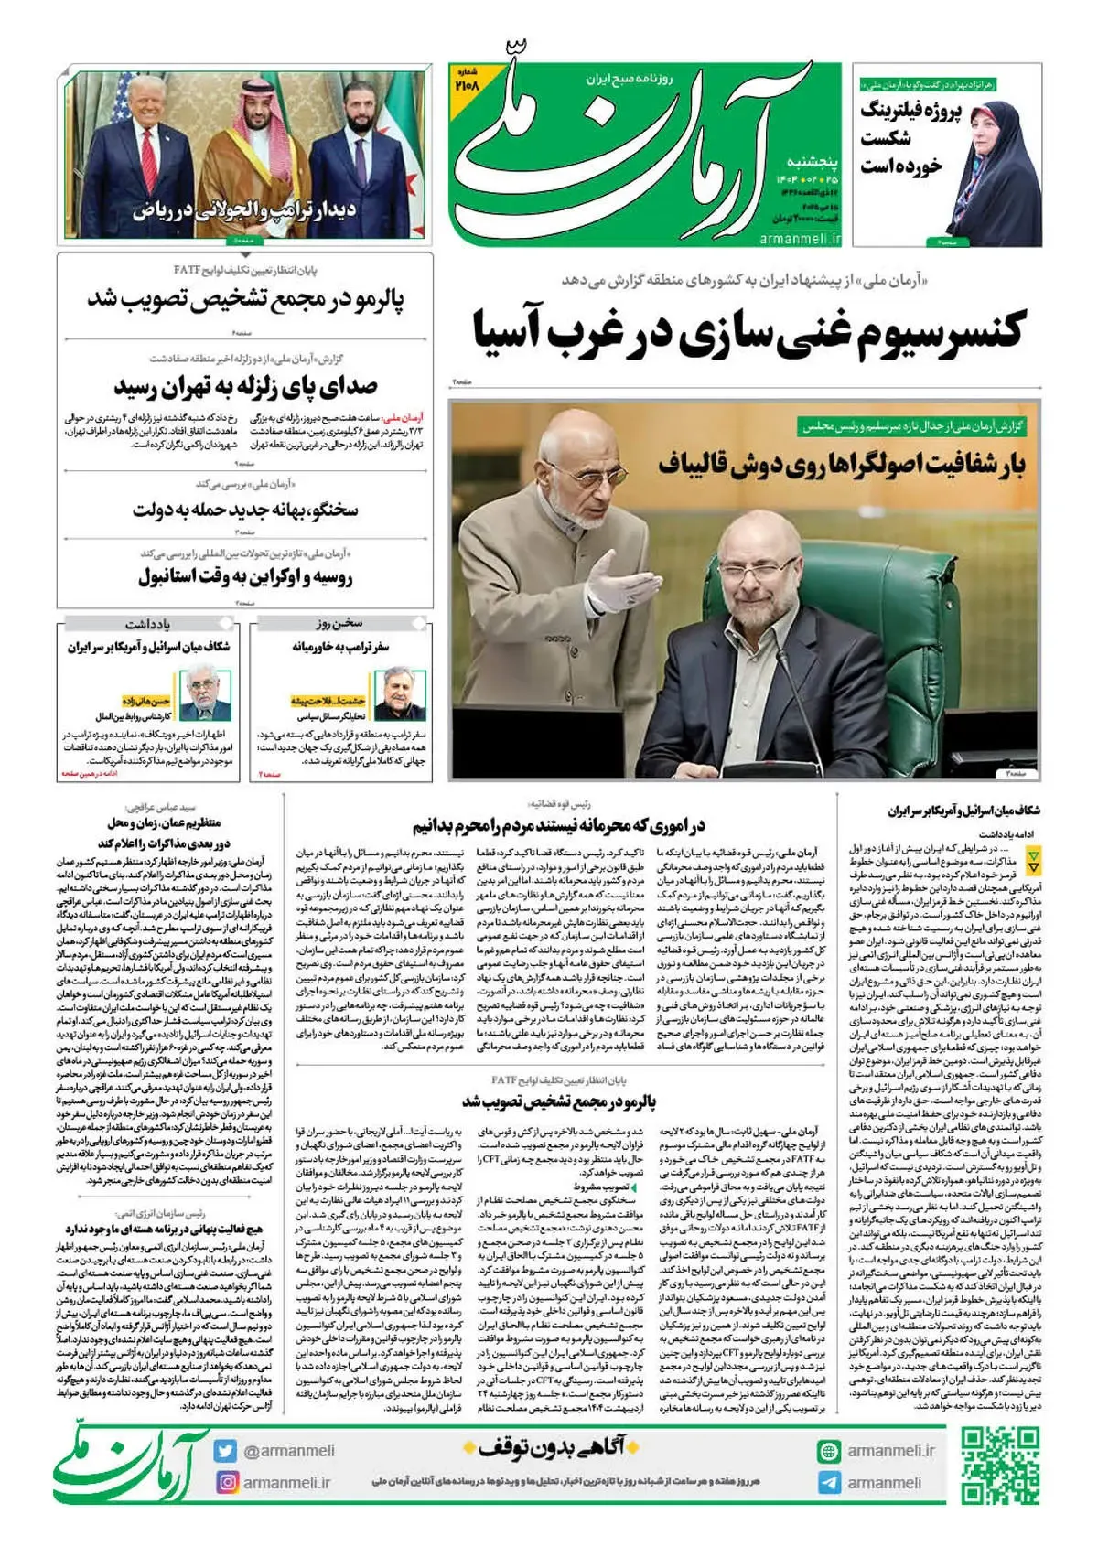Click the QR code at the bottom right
point(1000,1465)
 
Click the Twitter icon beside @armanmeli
point(225,1451)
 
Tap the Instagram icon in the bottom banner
point(225,1482)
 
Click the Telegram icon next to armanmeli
point(829,1483)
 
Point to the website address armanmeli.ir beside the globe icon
point(890,1451)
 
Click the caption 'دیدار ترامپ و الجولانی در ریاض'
point(245,211)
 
